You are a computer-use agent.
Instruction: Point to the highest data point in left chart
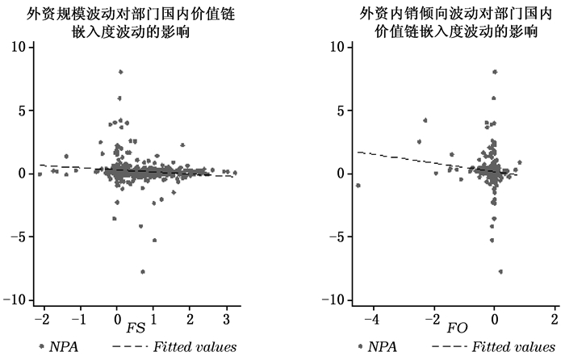tap(120, 72)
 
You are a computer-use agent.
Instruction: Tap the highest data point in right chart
tap(495, 72)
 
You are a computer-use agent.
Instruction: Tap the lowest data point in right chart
tap(500, 271)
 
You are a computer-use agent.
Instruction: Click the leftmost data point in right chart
tap(358, 186)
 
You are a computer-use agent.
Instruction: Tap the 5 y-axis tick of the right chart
tap(341, 110)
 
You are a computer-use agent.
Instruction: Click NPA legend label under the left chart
tap(65, 347)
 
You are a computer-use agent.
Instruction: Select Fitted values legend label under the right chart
tap(508, 347)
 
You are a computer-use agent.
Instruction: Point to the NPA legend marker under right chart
tap(360, 347)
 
